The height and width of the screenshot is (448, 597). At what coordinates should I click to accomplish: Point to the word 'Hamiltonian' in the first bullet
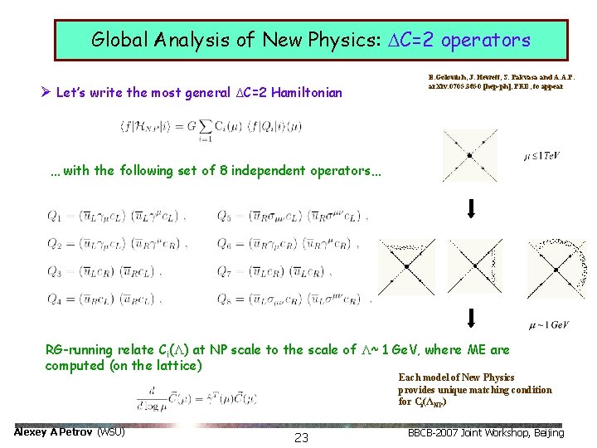pos(302,92)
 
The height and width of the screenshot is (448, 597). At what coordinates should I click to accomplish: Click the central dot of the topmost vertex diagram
pos(470,155)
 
